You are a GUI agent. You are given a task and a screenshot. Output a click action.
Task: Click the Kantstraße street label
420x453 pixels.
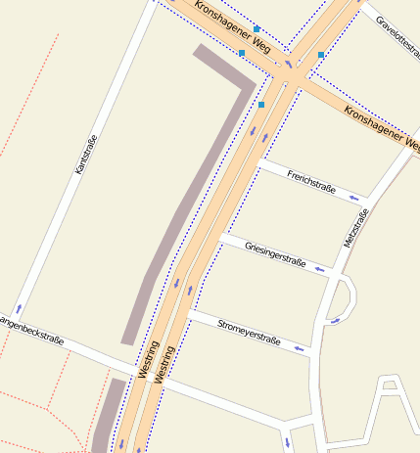click(86, 155)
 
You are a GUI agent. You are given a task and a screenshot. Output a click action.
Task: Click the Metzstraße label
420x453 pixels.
click(354, 228)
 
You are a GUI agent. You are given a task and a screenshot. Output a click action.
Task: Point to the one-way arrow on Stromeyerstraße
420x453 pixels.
click(300, 347)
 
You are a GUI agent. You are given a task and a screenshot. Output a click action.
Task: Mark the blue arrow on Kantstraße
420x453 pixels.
click(17, 308)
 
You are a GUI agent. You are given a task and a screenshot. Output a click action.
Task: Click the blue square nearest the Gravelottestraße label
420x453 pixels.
click(321, 55)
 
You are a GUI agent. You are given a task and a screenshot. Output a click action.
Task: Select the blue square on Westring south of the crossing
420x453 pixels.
click(261, 104)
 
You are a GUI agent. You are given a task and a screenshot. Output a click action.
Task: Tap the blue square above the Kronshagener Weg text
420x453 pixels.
click(257, 29)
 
